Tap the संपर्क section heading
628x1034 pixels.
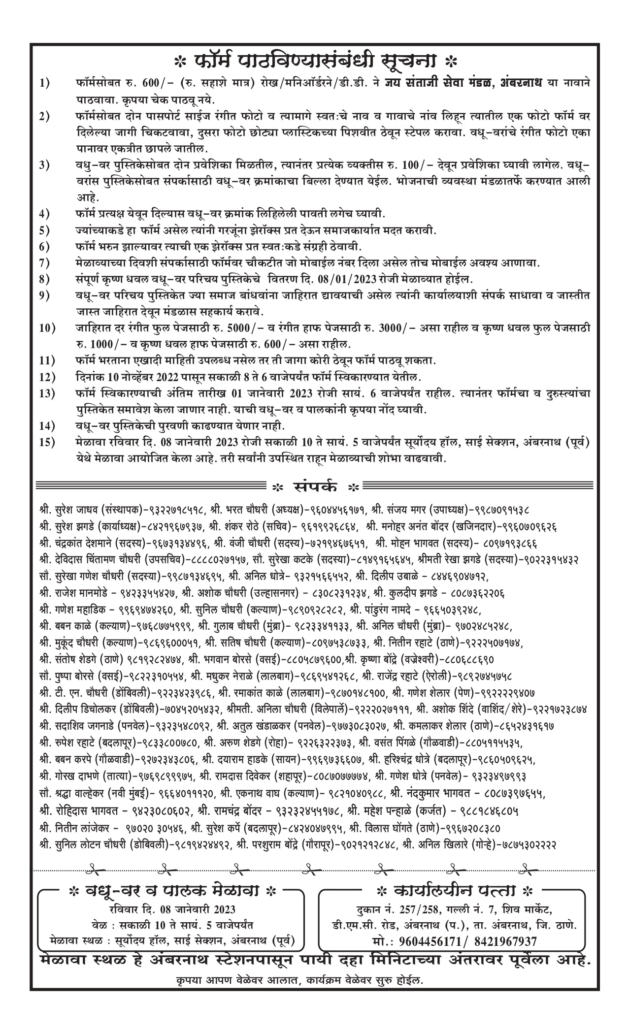[x=316, y=487]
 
